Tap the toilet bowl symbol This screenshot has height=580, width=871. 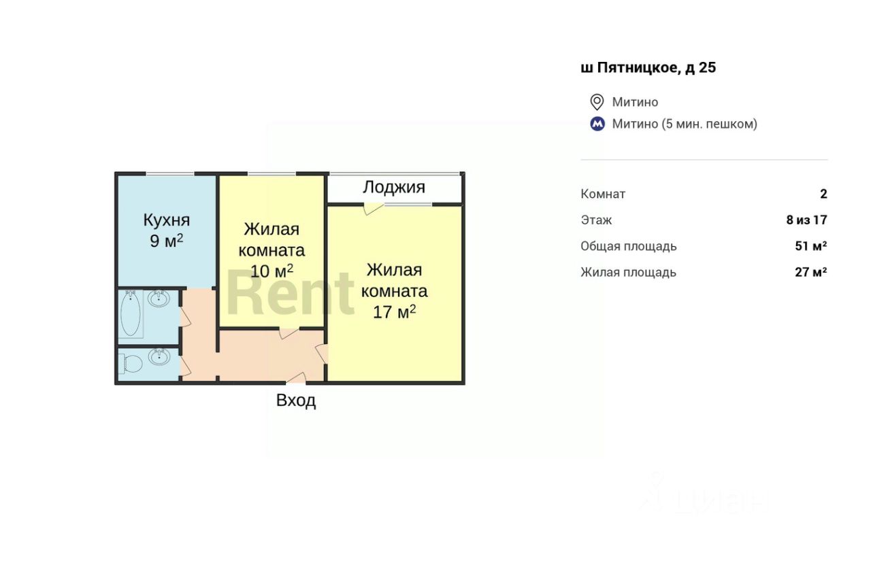tap(131, 364)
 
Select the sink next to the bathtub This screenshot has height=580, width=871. tap(159, 298)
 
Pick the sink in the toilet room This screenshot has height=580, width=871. tap(159, 357)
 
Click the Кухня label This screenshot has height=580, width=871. tap(166, 220)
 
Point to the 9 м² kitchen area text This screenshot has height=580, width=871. tap(167, 241)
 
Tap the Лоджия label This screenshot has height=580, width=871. tap(394, 187)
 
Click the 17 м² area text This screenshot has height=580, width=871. tap(395, 312)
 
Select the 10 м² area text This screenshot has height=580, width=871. tap(272, 271)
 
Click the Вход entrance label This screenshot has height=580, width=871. tap(296, 400)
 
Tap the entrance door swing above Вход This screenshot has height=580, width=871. tap(295, 377)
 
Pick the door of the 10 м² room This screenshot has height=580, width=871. tap(290, 333)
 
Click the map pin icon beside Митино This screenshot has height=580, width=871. tap(597, 102)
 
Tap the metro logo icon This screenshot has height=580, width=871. tap(597, 124)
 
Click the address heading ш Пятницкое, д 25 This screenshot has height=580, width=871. tap(648, 67)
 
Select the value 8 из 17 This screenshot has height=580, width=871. tap(806, 220)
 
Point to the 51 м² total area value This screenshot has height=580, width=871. tap(810, 246)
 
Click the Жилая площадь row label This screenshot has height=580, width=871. tap(628, 272)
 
